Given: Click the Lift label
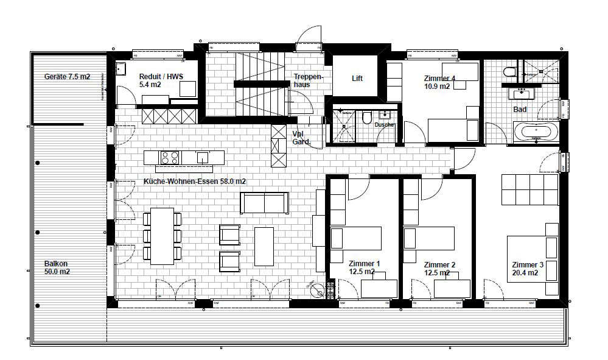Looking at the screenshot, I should click(x=357, y=79).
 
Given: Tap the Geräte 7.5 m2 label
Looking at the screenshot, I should click(x=67, y=77).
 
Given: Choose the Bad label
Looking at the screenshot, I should click(x=520, y=110).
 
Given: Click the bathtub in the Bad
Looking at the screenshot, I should click(x=534, y=132).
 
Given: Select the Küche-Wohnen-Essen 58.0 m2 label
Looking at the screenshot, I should click(x=194, y=182).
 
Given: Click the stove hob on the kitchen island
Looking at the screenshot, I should click(x=170, y=157).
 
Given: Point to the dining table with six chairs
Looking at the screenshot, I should click(x=162, y=236).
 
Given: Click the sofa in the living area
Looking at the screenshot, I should click(x=264, y=203).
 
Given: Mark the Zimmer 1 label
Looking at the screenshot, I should click(x=365, y=268).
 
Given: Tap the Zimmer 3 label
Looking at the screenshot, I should click(x=528, y=269).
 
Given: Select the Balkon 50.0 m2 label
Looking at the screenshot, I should click(x=57, y=267).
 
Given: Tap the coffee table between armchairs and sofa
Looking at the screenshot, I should click(x=265, y=246).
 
